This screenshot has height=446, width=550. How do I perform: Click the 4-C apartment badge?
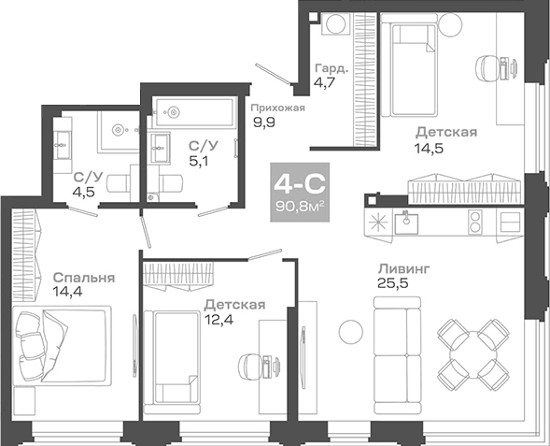click(297, 191)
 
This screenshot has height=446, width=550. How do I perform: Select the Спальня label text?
click(84, 278)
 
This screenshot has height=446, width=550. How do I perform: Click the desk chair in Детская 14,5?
click(491, 65)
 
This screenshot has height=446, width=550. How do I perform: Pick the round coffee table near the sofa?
click(349, 330)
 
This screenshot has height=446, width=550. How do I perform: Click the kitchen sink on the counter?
click(408, 222)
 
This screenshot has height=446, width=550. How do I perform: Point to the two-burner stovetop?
click(474, 223)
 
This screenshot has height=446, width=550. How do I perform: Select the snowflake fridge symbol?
click(377, 223)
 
